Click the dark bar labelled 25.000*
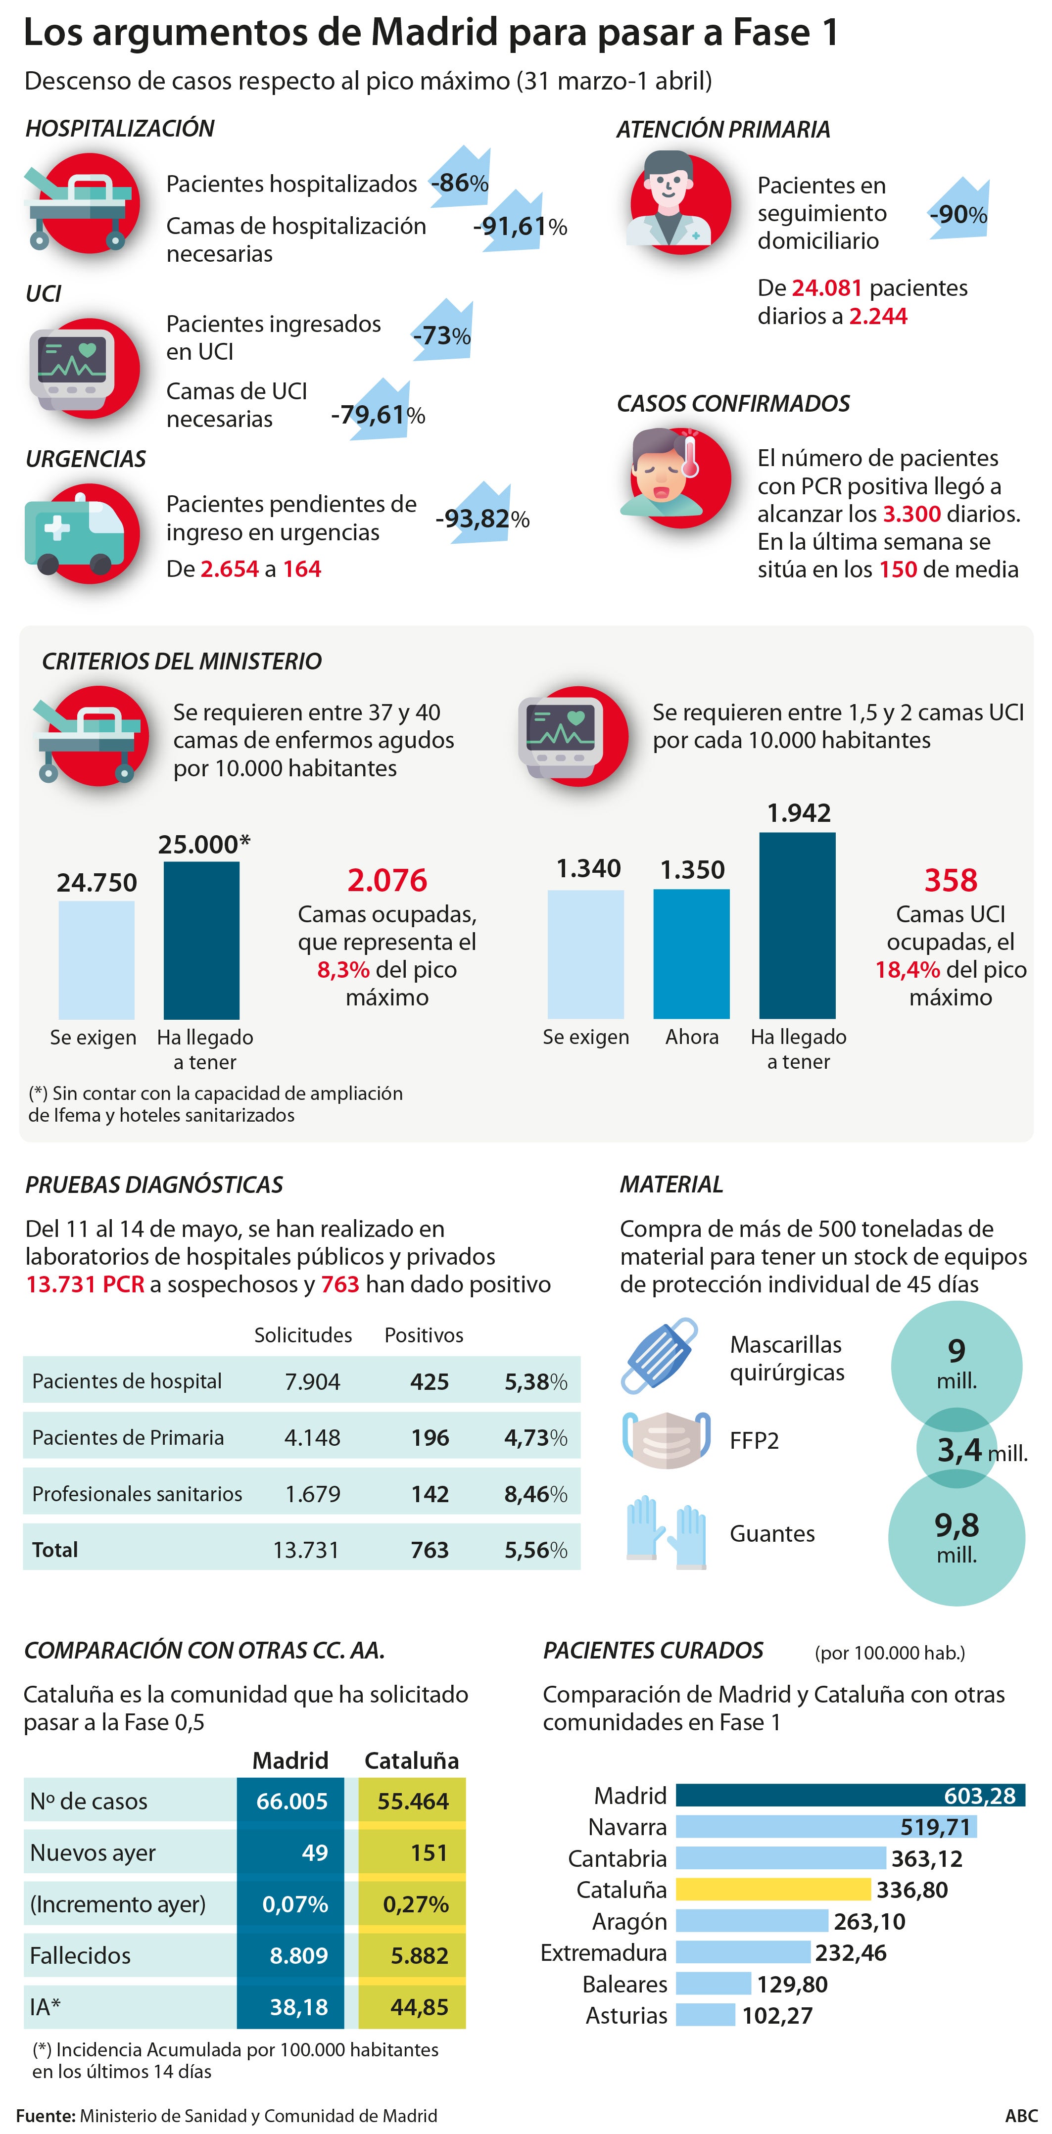201,940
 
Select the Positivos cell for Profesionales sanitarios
430,1494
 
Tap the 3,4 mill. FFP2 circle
960,1450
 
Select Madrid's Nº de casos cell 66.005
291,1801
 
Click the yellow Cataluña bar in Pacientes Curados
772,1890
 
